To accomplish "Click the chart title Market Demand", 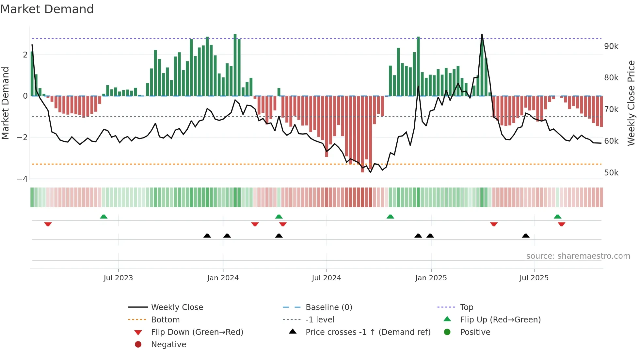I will (47, 9).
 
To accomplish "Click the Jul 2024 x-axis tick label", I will (326, 278).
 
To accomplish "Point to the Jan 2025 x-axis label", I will (431, 278).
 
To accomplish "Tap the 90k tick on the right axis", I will (611, 46).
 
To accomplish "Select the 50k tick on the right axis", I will (611, 173).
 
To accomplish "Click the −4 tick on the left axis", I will (22, 179).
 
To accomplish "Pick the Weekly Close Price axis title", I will (631, 103).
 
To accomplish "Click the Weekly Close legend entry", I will (177, 307).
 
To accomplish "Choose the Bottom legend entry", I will (165, 320).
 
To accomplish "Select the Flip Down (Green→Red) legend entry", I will (197, 332).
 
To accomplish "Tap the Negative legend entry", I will (168, 345).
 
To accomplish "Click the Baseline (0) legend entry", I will (328, 307).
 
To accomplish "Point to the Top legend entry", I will (466, 307).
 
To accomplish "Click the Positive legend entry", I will (475, 332).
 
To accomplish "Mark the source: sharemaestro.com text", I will (578, 256).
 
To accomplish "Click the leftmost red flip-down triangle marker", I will (48, 224).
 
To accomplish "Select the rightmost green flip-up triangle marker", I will (557, 217).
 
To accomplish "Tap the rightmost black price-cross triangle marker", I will (525, 236).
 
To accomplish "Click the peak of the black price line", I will (482, 34).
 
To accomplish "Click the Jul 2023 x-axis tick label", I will (118, 278).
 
